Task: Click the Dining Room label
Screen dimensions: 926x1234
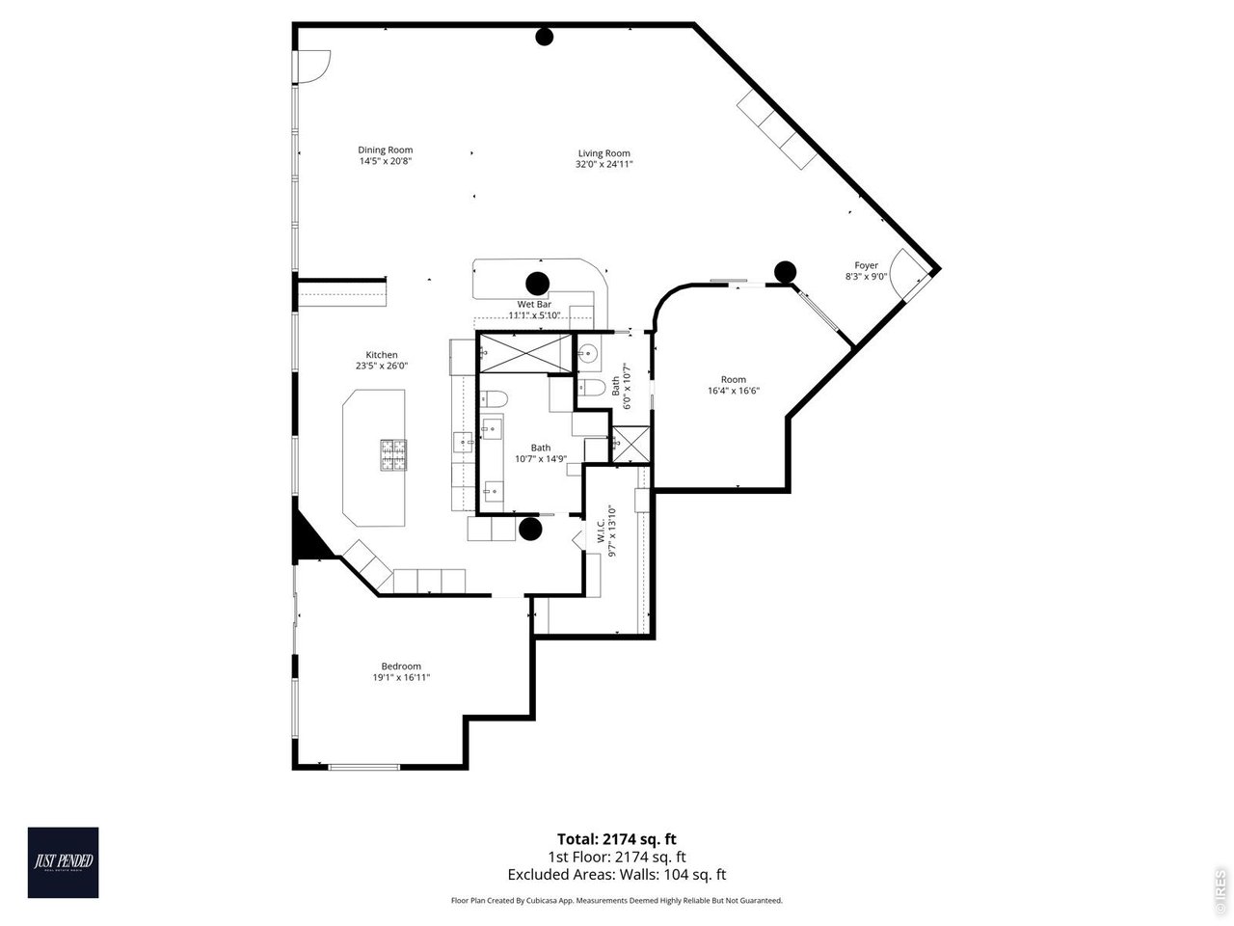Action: pos(386,150)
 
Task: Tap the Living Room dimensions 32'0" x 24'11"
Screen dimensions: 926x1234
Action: pos(604,165)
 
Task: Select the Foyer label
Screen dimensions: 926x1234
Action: pos(866,265)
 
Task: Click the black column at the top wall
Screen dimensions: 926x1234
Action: pos(545,38)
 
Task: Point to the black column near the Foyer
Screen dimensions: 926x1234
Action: pos(785,272)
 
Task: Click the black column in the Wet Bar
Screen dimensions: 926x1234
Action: pos(536,284)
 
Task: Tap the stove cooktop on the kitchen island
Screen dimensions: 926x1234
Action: pos(392,454)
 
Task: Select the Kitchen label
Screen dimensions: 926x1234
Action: pos(382,355)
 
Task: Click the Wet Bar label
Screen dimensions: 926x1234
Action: pos(534,304)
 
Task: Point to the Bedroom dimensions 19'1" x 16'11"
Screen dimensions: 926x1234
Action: pos(401,678)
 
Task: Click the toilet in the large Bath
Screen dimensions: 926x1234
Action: pos(495,399)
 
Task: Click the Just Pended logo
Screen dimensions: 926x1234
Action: pos(63,862)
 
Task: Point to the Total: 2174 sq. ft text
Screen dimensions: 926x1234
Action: pos(623,839)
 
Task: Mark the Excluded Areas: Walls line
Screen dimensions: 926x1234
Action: pos(617,875)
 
